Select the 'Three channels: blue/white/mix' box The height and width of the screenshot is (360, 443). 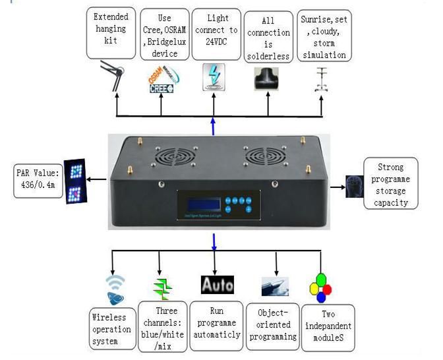click(162, 325)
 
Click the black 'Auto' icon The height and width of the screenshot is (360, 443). click(217, 284)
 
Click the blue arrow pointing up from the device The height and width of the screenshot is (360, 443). click(214, 125)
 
